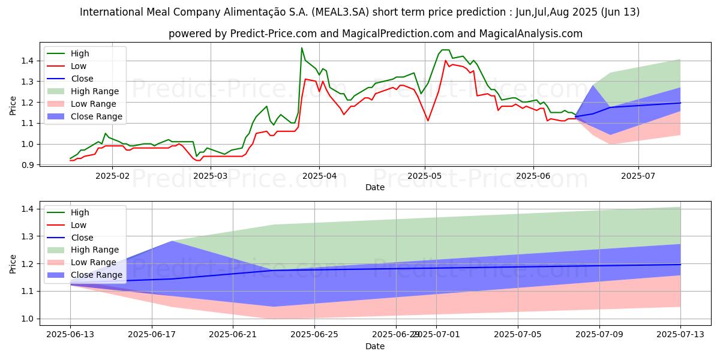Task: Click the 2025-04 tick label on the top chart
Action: [x=319, y=176]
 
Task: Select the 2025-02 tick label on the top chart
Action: [x=112, y=176]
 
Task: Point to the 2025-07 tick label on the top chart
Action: [x=638, y=176]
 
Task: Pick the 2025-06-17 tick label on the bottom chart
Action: [x=152, y=335]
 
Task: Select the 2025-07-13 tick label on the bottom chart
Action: [x=680, y=335]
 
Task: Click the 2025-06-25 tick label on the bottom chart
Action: [x=314, y=335]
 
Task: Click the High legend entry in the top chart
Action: [x=79, y=53]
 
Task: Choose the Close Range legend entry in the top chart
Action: [x=96, y=116]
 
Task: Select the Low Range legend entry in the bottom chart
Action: [x=94, y=262]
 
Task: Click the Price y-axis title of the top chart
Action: [x=13, y=105]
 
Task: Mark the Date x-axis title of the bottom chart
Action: [x=375, y=346]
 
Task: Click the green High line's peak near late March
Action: [x=302, y=48]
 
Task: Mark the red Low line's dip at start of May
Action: [x=428, y=121]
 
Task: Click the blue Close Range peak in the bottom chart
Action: [x=172, y=241]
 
